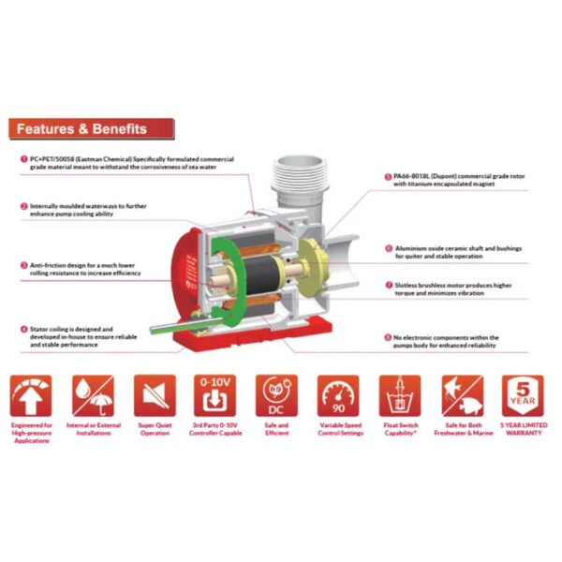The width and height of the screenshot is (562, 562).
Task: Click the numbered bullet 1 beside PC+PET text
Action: pos(23,159)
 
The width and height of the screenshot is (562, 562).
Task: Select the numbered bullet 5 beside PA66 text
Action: pos(388,175)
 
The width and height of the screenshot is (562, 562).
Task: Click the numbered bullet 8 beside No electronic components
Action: pos(388,337)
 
